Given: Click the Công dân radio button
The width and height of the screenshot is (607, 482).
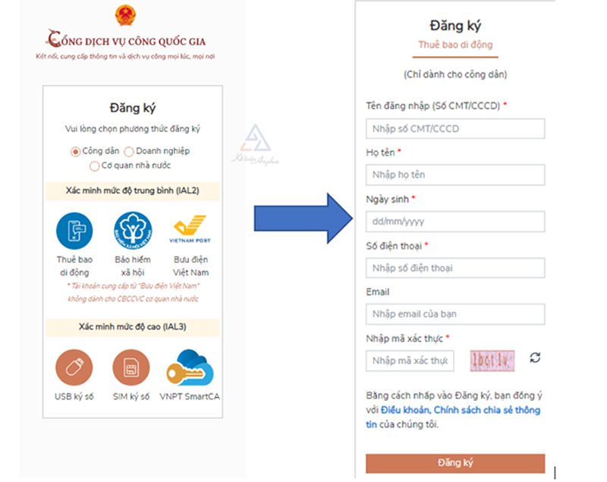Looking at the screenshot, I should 75,151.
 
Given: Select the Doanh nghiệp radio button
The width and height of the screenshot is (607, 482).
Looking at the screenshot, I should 129,151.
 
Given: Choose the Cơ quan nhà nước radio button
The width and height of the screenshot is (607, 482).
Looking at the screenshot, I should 95,165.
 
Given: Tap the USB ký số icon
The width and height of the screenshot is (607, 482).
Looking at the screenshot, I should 74,367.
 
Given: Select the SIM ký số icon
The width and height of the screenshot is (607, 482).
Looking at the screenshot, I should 131,367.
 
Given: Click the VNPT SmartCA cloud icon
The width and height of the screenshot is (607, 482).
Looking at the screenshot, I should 190,367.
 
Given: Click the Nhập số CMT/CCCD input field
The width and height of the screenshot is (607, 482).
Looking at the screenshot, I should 454,129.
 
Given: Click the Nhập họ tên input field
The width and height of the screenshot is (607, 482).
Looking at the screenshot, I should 454,175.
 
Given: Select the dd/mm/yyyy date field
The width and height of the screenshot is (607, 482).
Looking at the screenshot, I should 454,222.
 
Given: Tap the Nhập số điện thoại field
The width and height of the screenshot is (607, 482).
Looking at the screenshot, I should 454,268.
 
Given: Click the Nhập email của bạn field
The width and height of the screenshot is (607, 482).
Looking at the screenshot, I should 454,314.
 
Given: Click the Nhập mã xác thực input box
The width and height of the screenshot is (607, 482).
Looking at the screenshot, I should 410,361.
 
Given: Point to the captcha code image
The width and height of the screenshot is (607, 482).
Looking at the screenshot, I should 492,359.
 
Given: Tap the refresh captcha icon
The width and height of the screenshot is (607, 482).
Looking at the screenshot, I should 536,358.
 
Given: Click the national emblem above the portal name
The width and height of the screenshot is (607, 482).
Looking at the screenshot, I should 124,15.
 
